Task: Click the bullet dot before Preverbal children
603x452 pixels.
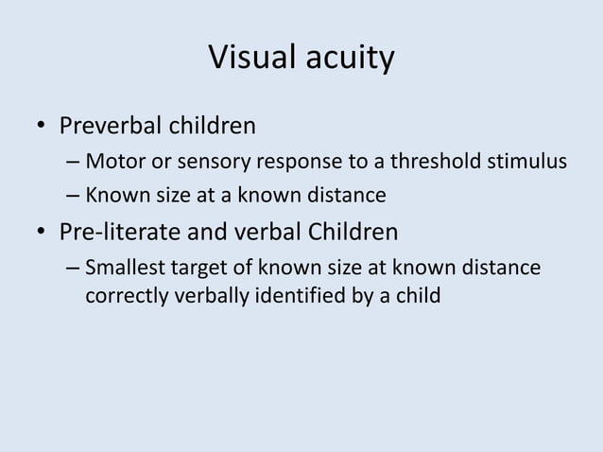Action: (x=41, y=127)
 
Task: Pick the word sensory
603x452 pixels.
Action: (x=205, y=162)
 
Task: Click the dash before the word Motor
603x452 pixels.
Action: (x=73, y=163)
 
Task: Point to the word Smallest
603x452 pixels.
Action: (x=123, y=269)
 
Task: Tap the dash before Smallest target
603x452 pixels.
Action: (x=73, y=269)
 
